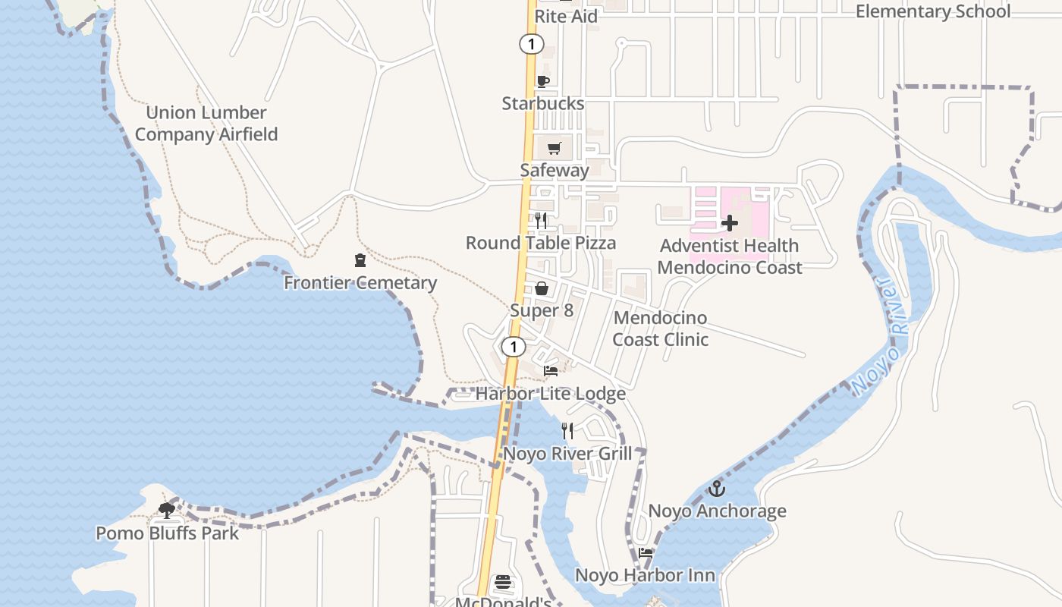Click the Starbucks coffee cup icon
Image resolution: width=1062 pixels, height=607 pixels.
[x=542, y=81]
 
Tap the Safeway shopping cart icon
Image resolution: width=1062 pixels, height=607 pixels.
[x=555, y=148]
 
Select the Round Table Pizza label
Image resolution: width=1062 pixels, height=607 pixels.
[x=540, y=243]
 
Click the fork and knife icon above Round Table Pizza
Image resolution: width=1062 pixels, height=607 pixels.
[x=541, y=221]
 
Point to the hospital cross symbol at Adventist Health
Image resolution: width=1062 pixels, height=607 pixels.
[x=729, y=223]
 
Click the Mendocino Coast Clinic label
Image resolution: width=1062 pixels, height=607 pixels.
[x=660, y=329]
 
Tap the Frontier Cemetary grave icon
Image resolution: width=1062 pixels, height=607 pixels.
[x=360, y=261]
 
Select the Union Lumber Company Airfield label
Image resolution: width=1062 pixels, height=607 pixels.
[x=206, y=124]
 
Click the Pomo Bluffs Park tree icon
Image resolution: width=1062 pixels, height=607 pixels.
[x=167, y=511]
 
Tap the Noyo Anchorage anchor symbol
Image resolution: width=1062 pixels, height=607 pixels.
[x=716, y=489]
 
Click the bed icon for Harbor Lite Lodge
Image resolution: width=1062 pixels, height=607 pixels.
[x=551, y=371]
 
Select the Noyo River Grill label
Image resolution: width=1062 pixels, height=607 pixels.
[x=567, y=454]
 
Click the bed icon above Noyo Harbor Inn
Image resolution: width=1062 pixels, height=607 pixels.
[x=645, y=552]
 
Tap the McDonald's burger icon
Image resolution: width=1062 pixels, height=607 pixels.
[x=503, y=583]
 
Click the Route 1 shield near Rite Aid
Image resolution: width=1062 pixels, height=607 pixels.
[x=531, y=44]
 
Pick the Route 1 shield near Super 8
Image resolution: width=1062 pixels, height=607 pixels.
[x=514, y=347]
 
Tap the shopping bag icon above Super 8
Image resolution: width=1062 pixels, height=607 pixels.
[x=542, y=288]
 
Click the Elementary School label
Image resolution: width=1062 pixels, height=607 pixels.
[x=932, y=11]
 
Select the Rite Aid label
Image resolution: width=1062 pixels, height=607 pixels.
[x=566, y=16]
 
